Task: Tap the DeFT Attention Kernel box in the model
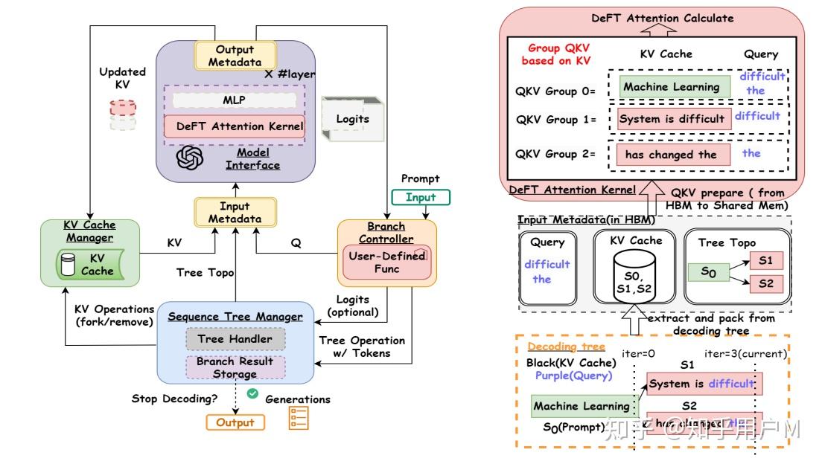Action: tap(235, 126)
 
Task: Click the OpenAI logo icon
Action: tap(191, 158)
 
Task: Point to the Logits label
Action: tap(352, 118)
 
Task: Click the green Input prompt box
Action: tap(421, 197)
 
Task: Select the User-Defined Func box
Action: tap(386, 262)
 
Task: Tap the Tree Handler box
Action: tap(235, 339)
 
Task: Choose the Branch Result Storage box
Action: tap(235, 367)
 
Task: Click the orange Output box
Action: tap(235, 422)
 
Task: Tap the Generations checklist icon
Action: tap(298, 419)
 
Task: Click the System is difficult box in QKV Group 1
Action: tap(672, 118)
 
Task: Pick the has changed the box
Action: tap(671, 155)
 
